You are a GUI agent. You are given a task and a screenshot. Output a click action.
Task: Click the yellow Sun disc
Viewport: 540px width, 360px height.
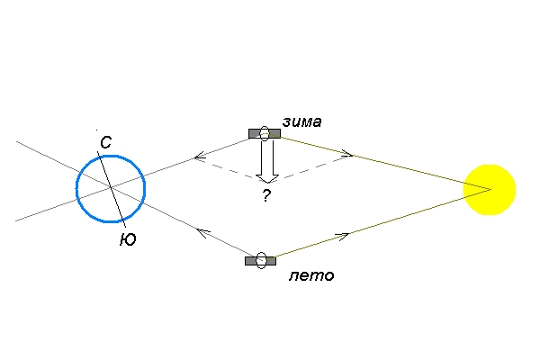[x=490, y=190]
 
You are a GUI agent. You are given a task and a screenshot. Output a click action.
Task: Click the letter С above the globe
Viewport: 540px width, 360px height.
[x=105, y=142]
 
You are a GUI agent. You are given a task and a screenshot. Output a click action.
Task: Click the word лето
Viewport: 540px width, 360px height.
[x=311, y=275]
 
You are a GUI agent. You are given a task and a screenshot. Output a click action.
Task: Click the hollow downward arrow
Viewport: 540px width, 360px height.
[x=265, y=162]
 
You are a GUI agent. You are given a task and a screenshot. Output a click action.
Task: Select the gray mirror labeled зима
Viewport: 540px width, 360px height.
[x=265, y=133]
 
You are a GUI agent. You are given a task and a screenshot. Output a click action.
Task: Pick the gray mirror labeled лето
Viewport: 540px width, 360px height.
[x=261, y=261]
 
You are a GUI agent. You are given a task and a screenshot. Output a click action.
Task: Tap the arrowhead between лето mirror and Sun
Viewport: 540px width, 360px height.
[x=343, y=236]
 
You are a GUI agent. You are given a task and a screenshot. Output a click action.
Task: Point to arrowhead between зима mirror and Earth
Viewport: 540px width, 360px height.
[x=199, y=158]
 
